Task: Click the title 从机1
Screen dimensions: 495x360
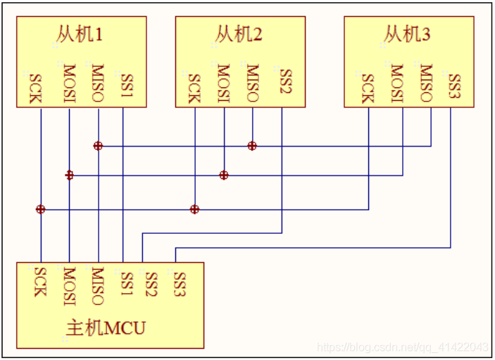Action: pyautogui.click(x=80, y=34)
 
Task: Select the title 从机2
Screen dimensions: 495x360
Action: pyautogui.click(x=239, y=34)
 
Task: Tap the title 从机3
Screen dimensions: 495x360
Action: pyautogui.click(x=407, y=34)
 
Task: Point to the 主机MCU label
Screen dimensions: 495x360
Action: pyautogui.click(x=106, y=328)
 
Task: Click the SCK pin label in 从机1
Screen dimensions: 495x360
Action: pyautogui.click(x=35, y=89)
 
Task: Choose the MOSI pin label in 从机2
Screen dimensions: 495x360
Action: pyautogui.click(x=223, y=83)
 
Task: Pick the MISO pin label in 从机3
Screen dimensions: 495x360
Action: pyautogui.click(x=426, y=82)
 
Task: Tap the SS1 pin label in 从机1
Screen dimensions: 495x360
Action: pyautogui.click(x=127, y=85)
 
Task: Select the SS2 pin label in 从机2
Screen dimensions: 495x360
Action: pyautogui.click(x=286, y=81)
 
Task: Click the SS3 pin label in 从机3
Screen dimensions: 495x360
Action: pyautogui.click(x=455, y=86)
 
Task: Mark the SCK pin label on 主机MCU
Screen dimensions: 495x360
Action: pyautogui.click(x=40, y=282)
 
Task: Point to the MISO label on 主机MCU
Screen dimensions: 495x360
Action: pyautogui.click(x=98, y=286)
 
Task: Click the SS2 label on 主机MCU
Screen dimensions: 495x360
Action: pyautogui.click(x=151, y=284)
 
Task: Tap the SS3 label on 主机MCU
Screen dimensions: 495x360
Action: pyautogui.click(x=180, y=284)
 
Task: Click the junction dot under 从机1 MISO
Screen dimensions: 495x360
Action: pyautogui.click(x=98, y=146)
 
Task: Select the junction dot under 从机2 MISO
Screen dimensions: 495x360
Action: pyautogui.click(x=252, y=146)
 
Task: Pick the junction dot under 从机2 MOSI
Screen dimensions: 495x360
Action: pyautogui.click(x=224, y=175)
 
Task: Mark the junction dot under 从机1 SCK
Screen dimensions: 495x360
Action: pyautogui.click(x=41, y=209)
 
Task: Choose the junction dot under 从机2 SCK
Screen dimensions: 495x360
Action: pyautogui.click(x=195, y=209)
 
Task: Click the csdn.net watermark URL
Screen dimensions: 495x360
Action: pyautogui.click(x=403, y=347)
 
